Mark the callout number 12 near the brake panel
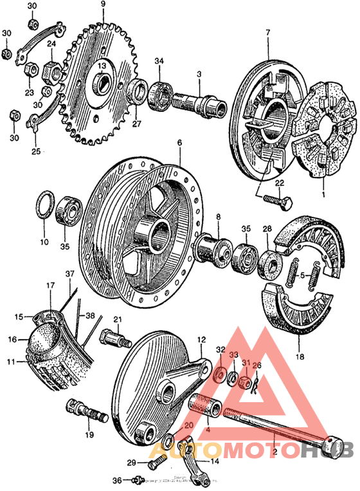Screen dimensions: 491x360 pyautogui.click(x=201, y=338)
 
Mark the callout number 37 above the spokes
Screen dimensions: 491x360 pyautogui.click(x=69, y=273)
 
